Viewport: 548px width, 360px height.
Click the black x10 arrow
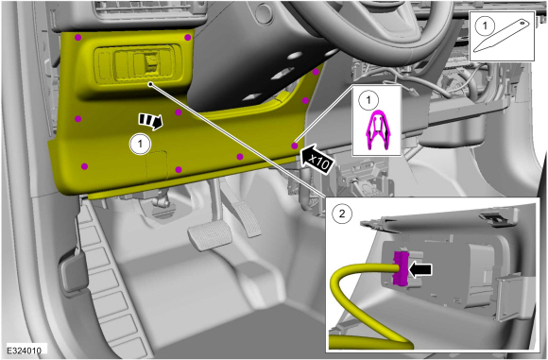pyautogui.click(x=316, y=160)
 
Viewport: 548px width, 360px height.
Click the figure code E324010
pyautogui.click(x=25, y=350)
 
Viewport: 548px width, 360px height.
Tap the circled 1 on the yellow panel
pyautogui.click(x=140, y=144)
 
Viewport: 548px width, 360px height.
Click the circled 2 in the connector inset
pyautogui.click(x=342, y=213)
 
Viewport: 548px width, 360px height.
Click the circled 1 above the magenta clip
pyautogui.click(x=368, y=100)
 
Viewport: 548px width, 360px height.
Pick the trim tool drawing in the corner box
pyautogui.click(x=503, y=35)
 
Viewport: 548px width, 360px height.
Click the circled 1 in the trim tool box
pyautogui.click(x=485, y=26)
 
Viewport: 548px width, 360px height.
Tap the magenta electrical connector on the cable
pyautogui.click(x=401, y=268)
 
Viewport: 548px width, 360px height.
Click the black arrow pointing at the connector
pyautogui.click(x=420, y=270)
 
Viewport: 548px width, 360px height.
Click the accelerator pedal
pyautogui.click(x=247, y=221)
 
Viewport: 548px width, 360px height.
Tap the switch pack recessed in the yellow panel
pyautogui.click(x=138, y=63)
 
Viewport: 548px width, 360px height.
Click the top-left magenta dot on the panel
pyautogui.click(x=77, y=37)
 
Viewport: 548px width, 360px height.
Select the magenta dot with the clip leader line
pyautogui.click(x=294, y=146)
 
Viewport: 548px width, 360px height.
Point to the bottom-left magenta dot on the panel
pyautogui.click(x=84, y=166)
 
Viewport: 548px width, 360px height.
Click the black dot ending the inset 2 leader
pyautogui.click(x=150, y=84)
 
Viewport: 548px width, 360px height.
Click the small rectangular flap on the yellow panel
pyautogui.click(x=157, y=166)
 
